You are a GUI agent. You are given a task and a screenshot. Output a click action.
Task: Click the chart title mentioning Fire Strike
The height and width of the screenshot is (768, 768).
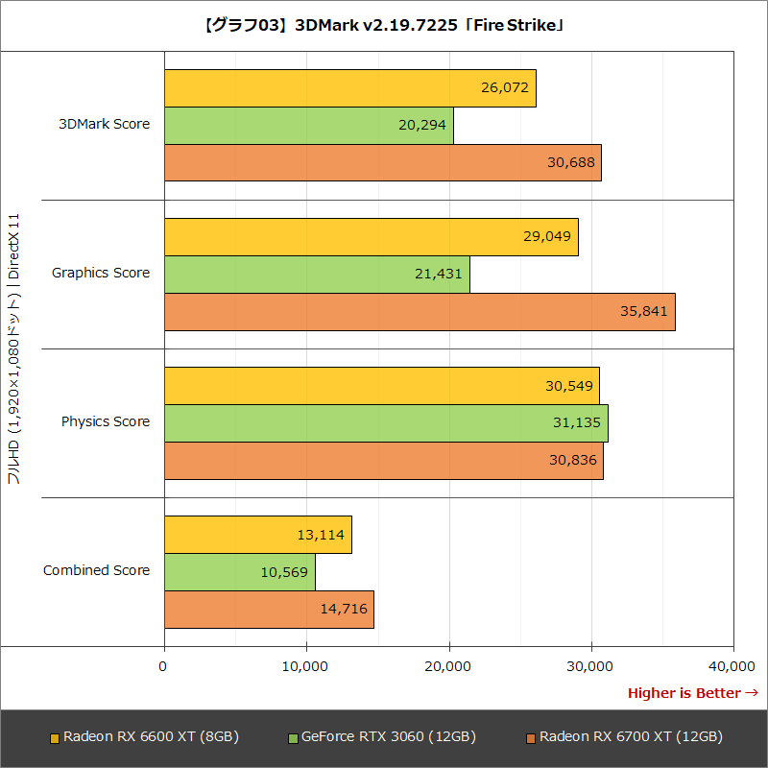coord(384,26)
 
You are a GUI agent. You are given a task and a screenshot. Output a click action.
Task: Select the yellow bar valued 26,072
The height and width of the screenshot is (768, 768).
coord(349,88)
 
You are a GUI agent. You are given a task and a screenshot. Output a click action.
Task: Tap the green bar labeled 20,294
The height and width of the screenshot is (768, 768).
coord(308,126)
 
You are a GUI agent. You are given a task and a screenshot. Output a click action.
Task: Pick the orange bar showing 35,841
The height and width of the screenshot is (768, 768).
coord(420,311)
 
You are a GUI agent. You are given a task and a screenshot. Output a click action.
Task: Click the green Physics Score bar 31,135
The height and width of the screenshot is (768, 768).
coord(386,422)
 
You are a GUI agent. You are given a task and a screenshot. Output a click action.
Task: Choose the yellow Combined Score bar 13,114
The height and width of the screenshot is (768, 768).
coord(257,534)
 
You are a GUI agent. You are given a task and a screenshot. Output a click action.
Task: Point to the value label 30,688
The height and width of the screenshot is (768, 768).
coord(570,162)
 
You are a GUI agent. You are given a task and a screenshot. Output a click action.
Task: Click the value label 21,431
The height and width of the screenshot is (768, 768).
coord(439,274)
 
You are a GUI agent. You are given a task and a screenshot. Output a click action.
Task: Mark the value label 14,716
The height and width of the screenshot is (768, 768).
coord(343,609)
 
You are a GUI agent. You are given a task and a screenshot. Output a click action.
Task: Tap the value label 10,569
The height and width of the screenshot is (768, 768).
coord(284,571)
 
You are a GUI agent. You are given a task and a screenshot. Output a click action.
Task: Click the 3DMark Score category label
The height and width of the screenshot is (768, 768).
coord(104,124)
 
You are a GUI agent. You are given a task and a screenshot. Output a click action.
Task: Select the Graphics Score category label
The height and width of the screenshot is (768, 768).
coord(101,273)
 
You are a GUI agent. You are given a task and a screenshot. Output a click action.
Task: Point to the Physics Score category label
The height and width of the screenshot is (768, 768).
coord(106,421)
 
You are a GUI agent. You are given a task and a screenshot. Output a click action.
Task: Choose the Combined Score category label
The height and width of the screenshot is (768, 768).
coord(96,570)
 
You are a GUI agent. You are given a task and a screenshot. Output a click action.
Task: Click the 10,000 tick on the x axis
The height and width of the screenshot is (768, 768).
coord(306,666)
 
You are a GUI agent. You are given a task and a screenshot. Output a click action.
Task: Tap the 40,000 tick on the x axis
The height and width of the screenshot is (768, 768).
coord(733,666)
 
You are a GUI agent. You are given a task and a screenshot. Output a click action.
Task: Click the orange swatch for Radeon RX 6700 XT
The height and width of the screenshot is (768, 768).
coord(531,738)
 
